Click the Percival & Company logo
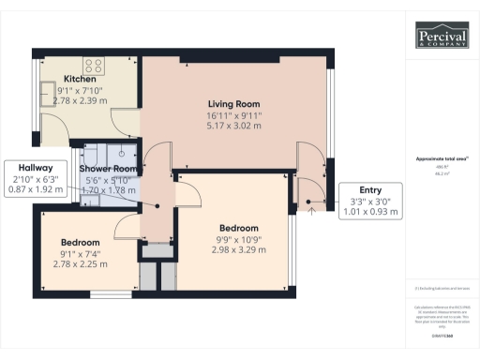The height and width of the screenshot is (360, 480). [x=443, y=37]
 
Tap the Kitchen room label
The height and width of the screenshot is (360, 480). [x=77, y=79]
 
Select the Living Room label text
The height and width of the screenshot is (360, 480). [x=233, y=103]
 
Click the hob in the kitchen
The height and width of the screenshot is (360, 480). [x=94, y=66]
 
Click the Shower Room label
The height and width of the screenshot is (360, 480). [x=110, y=143]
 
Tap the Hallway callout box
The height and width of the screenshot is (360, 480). [x=34, y=176]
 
